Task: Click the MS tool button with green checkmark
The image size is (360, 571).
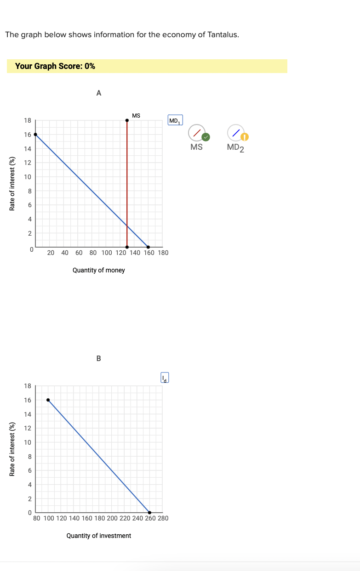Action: [197, 133]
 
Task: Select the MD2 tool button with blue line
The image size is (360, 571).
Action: [236, 133]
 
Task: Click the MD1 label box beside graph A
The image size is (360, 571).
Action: [175, 121]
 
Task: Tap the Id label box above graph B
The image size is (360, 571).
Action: [165, 378]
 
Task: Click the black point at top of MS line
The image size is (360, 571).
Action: [127, 120]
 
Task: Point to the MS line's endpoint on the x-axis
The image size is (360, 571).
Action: [127, 247]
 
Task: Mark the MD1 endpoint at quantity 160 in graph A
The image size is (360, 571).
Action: [148, 247]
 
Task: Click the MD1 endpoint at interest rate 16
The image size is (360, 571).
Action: [36, 135]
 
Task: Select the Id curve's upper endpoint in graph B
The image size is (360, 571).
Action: [48, 400]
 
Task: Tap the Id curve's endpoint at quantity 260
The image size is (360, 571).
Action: [149, 513]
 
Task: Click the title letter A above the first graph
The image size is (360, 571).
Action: [98, 93]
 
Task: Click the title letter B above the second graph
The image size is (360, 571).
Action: [98, 358]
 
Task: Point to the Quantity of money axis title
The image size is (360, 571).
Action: [98, 270]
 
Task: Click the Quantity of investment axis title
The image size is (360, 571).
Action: [98, 536]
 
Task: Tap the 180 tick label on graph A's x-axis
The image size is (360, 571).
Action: [163, 253]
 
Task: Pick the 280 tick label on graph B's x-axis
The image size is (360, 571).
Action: [163, 518]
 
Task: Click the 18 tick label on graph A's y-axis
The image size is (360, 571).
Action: [28, 120]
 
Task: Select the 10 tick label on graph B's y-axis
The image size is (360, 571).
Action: [28, 442]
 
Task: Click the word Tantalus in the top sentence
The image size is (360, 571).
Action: [221, 35]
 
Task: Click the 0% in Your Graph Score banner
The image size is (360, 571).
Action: [89, 66]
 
